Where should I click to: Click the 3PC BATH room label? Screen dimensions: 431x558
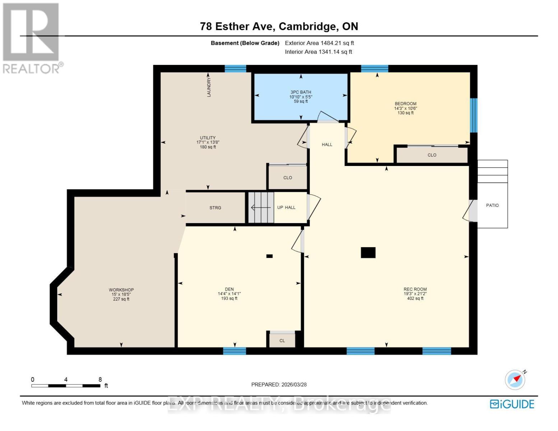301,92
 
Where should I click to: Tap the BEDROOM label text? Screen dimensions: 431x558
405,104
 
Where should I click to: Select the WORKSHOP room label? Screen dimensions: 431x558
121,290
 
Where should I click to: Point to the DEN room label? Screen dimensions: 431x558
229,289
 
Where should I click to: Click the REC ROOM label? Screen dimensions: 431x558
415,289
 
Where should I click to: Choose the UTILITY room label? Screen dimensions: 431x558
208,138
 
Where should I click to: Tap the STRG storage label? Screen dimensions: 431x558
215,208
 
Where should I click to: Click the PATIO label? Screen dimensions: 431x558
492,205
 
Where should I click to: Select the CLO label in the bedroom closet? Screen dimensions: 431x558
432,155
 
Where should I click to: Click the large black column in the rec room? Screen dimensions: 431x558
368,252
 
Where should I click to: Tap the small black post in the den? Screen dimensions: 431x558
269,256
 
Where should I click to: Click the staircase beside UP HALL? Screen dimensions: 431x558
261,208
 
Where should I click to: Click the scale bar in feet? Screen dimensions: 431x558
66,386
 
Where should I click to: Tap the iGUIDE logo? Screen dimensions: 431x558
512,404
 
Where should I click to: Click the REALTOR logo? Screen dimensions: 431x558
31,38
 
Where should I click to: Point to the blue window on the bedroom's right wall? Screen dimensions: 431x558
474,115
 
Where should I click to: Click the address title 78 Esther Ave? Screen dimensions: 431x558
279,26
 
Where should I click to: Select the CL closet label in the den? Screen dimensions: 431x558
282,340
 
